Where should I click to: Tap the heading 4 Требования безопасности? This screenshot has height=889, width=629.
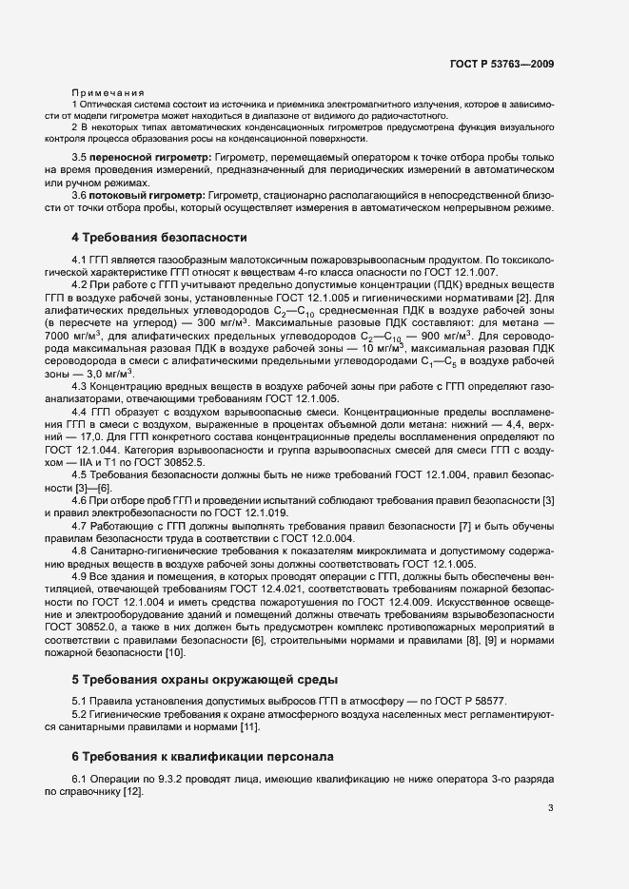(159, 237)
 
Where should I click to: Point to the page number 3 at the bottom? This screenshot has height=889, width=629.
(551, 808)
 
